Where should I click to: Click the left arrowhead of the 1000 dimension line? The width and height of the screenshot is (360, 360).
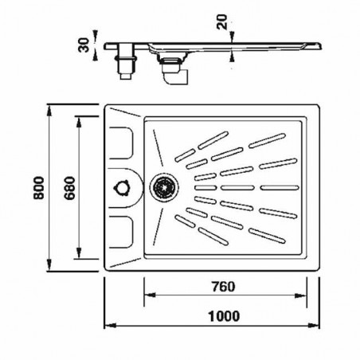[110, 326]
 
